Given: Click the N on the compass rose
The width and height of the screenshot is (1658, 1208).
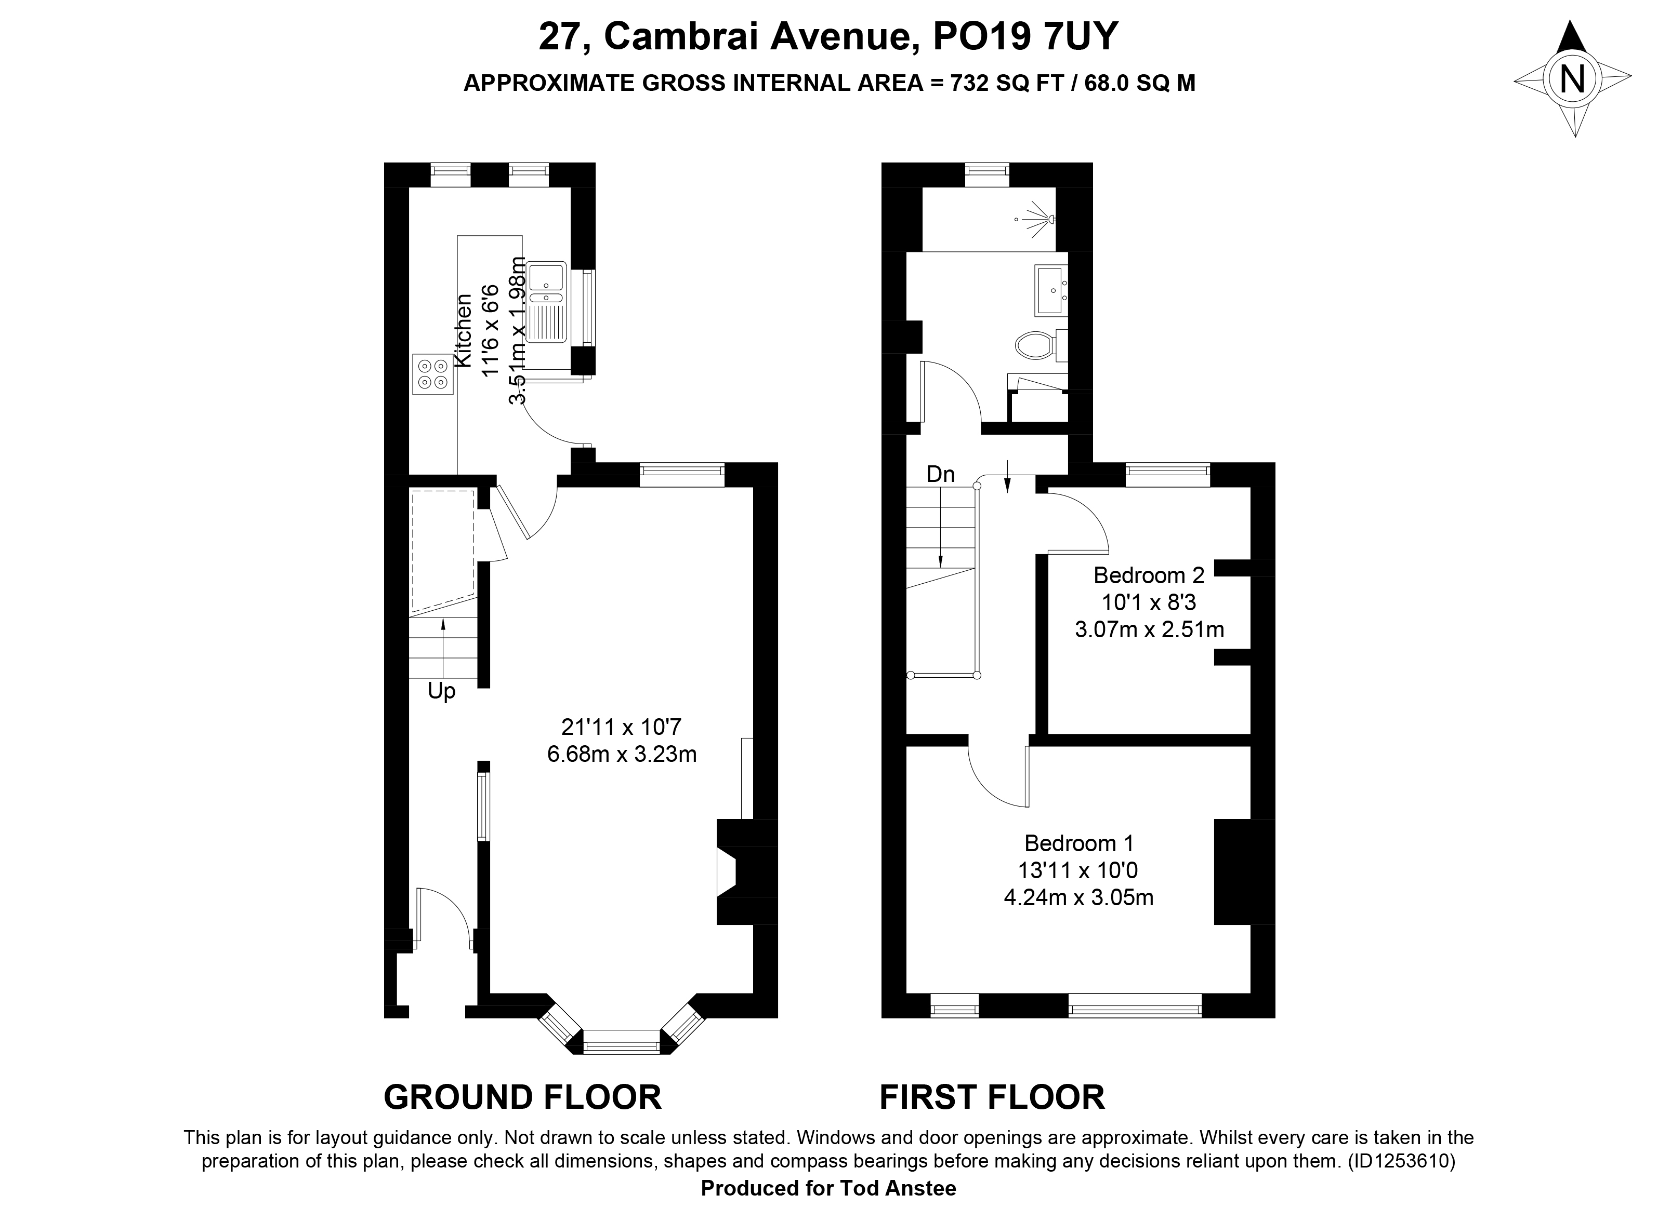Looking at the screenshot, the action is point(1572,79).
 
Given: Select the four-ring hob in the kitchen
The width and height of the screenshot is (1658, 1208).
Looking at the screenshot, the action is point(432,374).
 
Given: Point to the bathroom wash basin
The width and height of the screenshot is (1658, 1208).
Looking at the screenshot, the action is point(1051,290).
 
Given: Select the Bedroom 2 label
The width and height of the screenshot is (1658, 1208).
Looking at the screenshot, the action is point(1149,575).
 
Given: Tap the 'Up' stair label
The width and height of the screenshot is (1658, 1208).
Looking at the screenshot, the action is point(441,692).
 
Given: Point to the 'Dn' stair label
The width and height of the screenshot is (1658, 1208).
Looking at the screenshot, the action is point(940,475).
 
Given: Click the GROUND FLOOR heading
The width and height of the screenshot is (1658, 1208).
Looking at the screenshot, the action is point(522,1097).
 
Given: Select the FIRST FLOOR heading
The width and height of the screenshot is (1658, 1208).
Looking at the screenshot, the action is point(992,1097).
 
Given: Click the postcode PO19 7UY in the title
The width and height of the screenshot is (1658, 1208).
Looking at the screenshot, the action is point(1026,36).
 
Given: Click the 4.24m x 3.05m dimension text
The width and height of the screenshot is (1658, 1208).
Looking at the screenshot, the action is point(1078,897).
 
